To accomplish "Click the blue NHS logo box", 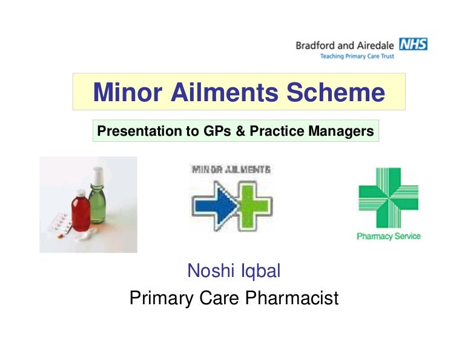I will pos(413,44).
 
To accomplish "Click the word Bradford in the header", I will pos(316,45).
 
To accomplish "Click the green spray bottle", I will pos(97,192).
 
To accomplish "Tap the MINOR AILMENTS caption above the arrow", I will pos(231,170).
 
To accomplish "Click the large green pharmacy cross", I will pos(388,198).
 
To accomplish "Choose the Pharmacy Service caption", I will pos(388,236).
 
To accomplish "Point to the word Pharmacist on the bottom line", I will pos(288,299).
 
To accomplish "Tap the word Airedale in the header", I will pos(375,45).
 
